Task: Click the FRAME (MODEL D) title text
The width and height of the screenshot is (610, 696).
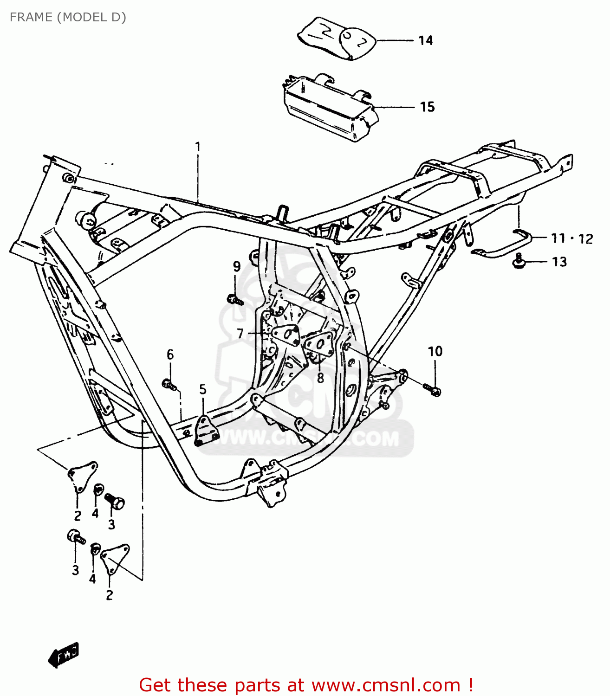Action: [68, 17]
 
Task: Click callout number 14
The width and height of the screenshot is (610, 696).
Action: [425, 41]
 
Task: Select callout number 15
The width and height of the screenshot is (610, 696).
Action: [427, 107]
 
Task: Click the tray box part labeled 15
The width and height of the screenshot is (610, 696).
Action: [327, 106]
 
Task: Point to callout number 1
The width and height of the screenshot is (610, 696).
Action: [198, 147]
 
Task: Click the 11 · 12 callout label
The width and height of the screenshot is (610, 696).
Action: [571, 238]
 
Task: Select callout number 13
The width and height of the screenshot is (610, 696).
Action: [559, 262]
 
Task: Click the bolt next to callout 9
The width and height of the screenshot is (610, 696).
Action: [235, 300]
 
